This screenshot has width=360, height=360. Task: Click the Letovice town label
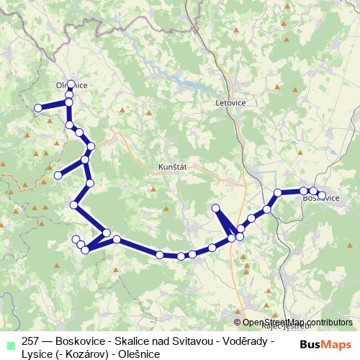click(230, 103)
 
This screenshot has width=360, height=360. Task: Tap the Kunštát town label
click(172, 166)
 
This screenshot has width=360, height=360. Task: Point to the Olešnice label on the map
click(72, 85)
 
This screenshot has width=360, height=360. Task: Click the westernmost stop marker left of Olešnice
click(38, 108)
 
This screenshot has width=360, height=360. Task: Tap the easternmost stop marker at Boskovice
click(321, 194)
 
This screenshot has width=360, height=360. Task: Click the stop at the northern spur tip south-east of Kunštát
click(215, 208)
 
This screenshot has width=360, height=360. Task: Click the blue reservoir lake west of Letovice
click(191, 88)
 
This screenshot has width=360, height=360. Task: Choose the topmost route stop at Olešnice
click(71, 84)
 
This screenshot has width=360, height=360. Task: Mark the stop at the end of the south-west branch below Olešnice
click(58, 174)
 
